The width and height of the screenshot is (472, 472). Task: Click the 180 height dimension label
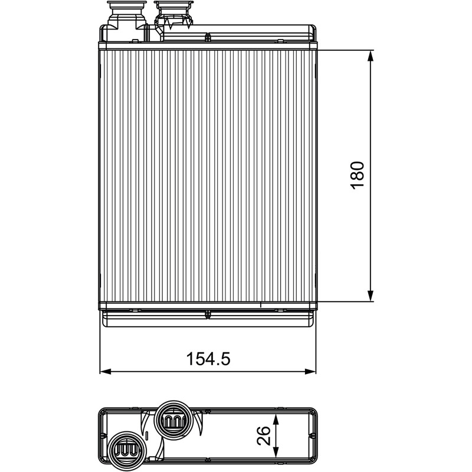pos(358,175)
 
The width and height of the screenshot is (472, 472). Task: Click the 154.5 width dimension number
pos(208,359)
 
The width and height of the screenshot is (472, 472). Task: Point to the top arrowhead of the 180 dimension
pos(371,55)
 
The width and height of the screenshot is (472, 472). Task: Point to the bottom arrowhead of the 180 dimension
pos(371,296)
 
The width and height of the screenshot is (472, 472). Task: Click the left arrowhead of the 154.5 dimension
pos(106,371)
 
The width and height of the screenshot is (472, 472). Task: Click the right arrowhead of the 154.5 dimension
pos(310,371)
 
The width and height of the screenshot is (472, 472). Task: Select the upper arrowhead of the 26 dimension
pos(276,419)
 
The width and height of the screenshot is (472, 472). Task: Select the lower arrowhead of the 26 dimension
pos(276,450)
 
